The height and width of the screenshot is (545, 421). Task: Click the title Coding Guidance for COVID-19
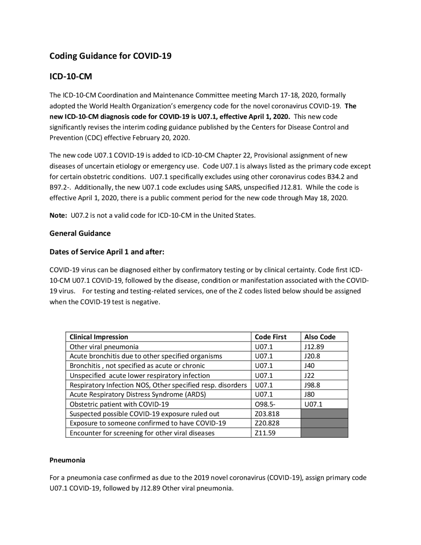pyautogui.click(x=110, y=56)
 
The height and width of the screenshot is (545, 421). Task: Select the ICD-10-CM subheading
pyautogui.click(x=71, y=77)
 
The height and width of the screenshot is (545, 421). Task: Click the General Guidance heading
pyautogui.click(x=80, y=233)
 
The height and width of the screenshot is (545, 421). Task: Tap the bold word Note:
pyautogui.click(x=58, y=216)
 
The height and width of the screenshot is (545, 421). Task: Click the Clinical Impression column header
pyautogui.click(x=99, y=337)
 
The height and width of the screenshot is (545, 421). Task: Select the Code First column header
pyautogui.click(x=270, y=337)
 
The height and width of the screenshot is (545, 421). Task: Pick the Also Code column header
pyautogui.click(x=320, y=337)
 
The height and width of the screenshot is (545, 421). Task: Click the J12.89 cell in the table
pyautogui.click(x=314, y=347)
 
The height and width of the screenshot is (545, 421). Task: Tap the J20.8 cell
pyautogui.click(x=312, y=356)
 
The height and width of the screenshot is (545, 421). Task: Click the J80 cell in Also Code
pyautogui.click(x=310, y=394)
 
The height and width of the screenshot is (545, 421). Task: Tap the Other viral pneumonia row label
pyautogui.click(x=104, y=347)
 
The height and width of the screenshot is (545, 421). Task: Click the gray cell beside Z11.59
pyautogui.click(x=324, y=433)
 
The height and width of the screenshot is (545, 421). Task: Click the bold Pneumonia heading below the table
pyautogui.click(x=67, y=460)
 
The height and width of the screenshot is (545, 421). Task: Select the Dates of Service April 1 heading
pyautogui.click(x=107, y=252)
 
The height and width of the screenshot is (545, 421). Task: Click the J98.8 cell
pyautogui.click(x=312, y=385)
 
